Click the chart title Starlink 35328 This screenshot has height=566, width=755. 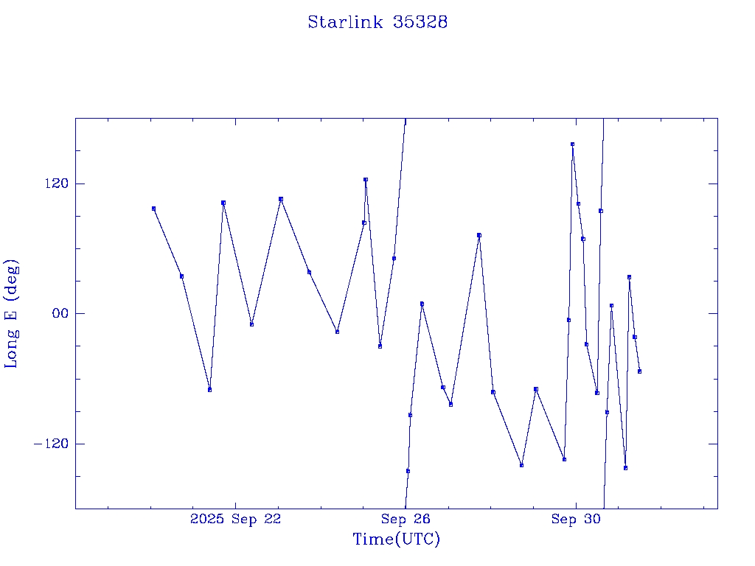click(x=377, y=22)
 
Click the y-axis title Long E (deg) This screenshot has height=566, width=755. click(x=12, y=313)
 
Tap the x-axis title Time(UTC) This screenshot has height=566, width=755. click(x=396, y=539)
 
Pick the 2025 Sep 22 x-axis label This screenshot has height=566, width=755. click(x=235, y=519)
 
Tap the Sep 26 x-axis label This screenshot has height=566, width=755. click(x=406, y=519)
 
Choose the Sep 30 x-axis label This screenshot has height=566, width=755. click(x=577, y=519)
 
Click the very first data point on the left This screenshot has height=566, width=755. click(x=153, y=209)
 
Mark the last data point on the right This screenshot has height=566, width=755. click(x=639, y=371)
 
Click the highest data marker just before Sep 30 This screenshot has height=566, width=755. click(x=572, y=144)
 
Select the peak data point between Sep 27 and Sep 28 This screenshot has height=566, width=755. click(x=479, y=235)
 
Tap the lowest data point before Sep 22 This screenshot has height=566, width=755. click(x=210, y=389)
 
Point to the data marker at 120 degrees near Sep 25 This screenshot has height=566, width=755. click(x=365, y=179)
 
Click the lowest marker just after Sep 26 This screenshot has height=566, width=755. click(x=408, y=471)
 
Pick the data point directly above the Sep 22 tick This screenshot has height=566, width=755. click(x=281, y=199)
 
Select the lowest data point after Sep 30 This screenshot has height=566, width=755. click(x=625, y=468)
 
